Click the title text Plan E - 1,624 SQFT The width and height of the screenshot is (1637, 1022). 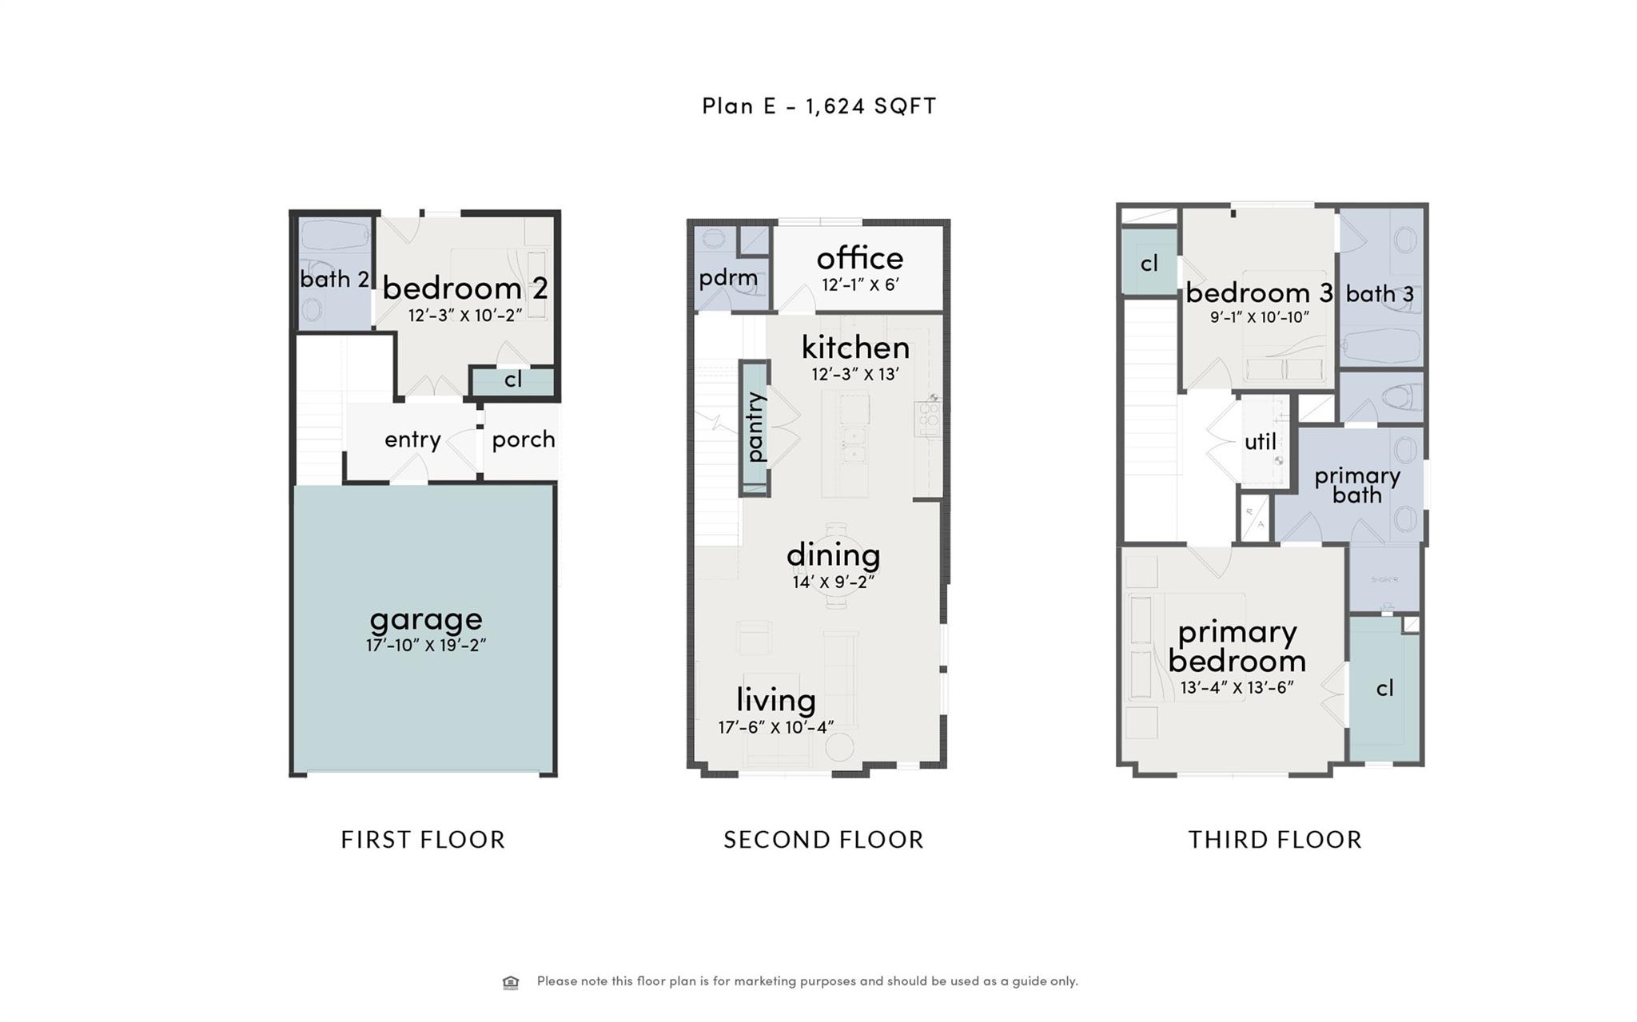point(818,105)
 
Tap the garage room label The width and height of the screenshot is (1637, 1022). point(426,619)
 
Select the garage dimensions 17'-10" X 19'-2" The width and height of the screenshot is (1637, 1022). point(426,646)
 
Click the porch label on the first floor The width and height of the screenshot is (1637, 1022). point(524,439)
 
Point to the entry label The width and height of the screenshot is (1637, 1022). point(412,439)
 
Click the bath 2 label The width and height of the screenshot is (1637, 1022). point(334,279)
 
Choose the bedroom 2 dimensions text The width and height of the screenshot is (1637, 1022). point(464,316)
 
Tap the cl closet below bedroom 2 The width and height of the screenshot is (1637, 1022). point(513,380)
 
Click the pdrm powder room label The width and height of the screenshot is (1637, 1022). point(727,278)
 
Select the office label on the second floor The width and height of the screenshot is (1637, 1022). point(859,258)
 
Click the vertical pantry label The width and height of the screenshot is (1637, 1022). point(755,427)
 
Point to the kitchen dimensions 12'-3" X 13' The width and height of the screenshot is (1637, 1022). point(855,374)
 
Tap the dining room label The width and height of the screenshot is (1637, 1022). point(833,555)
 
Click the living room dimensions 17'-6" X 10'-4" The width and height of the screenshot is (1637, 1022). point(775,727)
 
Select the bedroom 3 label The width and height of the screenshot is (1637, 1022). point(1259,292)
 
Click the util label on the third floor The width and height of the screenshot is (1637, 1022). point(1260,442)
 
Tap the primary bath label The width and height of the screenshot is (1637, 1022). point(1357,485)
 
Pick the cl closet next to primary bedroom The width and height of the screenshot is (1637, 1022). point(1384,688)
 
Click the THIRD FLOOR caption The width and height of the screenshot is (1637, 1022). point(1275,840)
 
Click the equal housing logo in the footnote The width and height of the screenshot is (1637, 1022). point(511,982)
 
